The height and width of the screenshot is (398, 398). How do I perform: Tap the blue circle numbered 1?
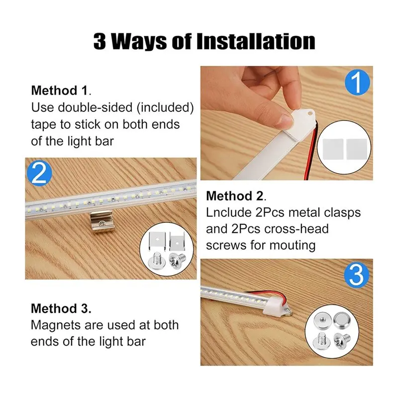coord(357,82)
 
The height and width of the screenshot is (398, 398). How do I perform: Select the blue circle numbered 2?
coord(40,174)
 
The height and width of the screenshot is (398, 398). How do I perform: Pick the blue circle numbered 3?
coord(356,275)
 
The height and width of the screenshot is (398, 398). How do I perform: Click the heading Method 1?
coord(61,91)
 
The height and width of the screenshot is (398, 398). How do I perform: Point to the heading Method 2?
coord(236,196)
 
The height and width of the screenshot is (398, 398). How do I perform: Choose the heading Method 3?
coord(61,308)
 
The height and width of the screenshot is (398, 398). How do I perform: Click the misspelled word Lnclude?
coord(228,212)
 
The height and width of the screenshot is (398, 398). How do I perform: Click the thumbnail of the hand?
coord(254,99)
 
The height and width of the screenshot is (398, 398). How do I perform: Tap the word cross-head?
coord(297,229)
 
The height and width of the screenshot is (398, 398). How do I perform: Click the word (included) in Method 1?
coord(165,107)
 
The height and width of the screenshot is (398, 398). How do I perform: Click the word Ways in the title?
coord(139,42)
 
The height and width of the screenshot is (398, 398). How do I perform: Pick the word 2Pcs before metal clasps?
coord(270,212)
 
